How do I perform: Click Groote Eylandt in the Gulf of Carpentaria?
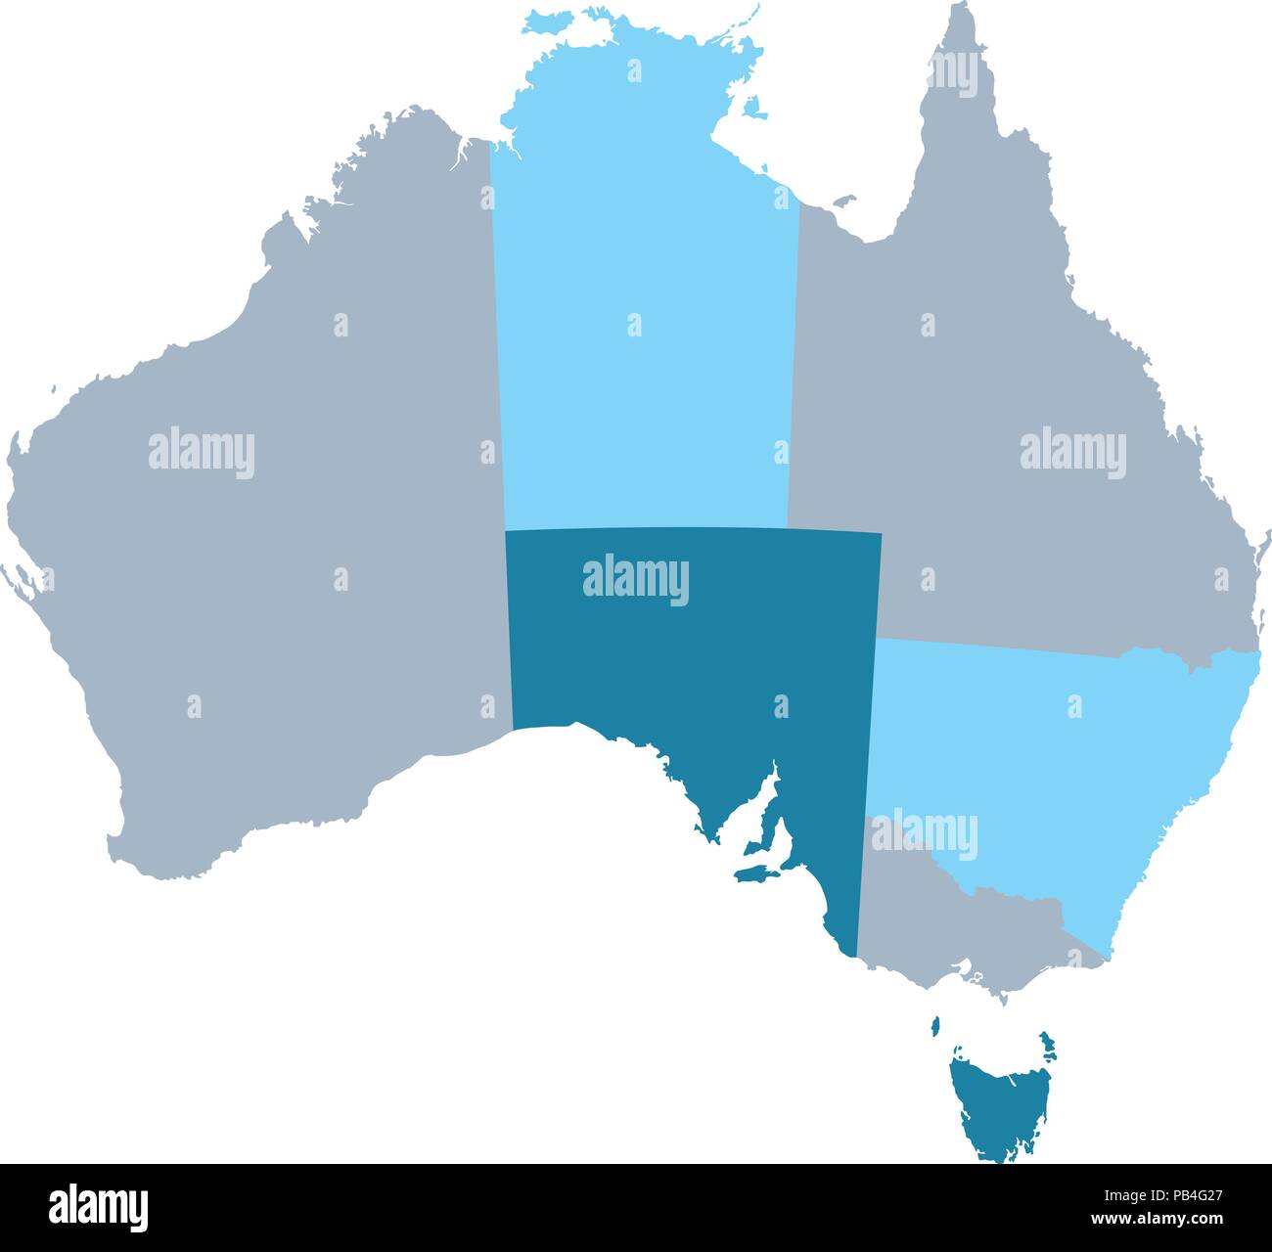pyautogui.click(x=753, y=108)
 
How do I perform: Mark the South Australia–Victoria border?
pyautogui.click(x=861, y=880)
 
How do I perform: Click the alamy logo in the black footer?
pyautogui.click(x=99, y=1208)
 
